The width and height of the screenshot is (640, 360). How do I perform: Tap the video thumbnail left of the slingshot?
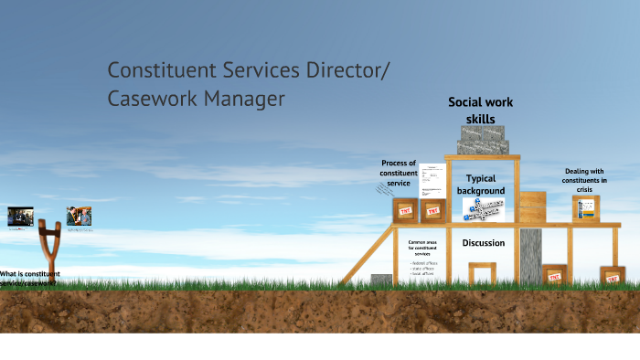[20, 217]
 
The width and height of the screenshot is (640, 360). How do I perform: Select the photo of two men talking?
[79, 217]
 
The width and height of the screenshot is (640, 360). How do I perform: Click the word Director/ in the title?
[346, 69]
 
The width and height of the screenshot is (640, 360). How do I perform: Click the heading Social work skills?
[480, 110]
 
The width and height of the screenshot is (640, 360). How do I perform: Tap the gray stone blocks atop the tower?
[484, 140]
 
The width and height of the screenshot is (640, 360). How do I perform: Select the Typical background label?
[481, 185]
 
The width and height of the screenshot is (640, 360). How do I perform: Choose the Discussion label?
[484, 243]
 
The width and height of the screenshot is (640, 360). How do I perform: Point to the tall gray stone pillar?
[531, 256]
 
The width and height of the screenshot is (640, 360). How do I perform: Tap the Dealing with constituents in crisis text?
[585, 180]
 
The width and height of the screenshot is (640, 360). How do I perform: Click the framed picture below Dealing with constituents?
[585, 207]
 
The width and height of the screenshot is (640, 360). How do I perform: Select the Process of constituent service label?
[399, 172]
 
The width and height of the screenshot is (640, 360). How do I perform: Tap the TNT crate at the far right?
[613, 276]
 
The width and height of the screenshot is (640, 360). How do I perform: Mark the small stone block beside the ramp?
[381, 280]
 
